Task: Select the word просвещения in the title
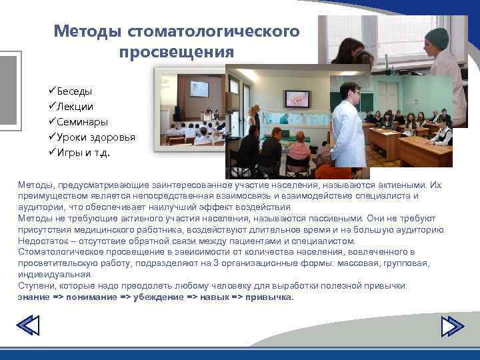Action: click(x=177, y=51)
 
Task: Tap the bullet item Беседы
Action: click(x=74, y=91)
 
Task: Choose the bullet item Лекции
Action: click(x=75, y=106)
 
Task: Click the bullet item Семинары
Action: click(x=81, y=122)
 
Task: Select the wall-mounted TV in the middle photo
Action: click(x=298, y=99)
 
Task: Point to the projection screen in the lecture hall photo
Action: click(x=199, y=89)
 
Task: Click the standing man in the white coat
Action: click(x=349, y=127)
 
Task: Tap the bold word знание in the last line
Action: click(x=35, y=297)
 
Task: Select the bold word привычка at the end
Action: click(x=269, y=297)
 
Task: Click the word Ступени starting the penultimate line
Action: click(x=37, y=285)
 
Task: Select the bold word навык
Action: click(x=214, y=297)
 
